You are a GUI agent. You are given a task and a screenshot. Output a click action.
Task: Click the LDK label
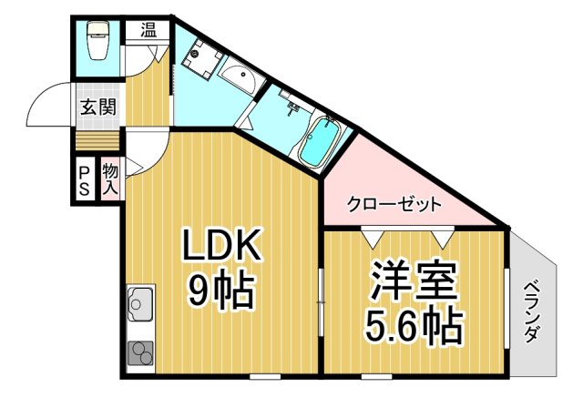[224, 245]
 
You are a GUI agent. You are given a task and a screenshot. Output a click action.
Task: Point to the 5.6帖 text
[415, 325]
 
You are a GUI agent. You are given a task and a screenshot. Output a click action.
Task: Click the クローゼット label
[394, 204]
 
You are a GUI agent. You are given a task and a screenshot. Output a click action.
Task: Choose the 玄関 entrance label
[97, 106]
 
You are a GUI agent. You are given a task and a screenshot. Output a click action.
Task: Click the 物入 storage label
[110, 179]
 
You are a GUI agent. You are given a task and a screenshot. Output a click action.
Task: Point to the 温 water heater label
[148, 29]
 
